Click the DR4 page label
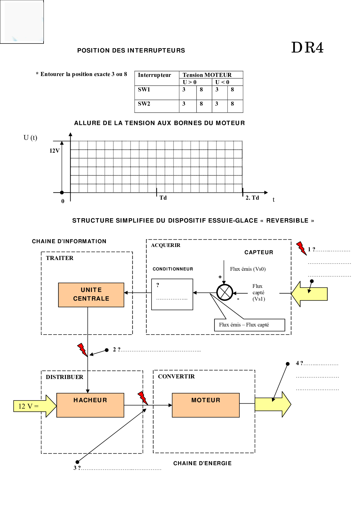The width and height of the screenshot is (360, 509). coord(307,48)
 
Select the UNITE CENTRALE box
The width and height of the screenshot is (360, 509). coord(91,295)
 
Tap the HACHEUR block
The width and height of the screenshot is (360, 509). coord(90,405)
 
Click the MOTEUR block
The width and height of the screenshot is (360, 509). coord(206,405)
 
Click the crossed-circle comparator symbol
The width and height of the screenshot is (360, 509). coord(225,293)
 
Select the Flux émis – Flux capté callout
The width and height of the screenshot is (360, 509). coord(249,325)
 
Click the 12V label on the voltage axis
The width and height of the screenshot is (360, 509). coord(54,151)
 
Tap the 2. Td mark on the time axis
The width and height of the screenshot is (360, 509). coord(252,198)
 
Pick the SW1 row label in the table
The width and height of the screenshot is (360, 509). coord(144,90)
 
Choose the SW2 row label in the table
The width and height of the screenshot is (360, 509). coord(144,104)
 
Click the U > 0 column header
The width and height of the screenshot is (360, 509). coord(190,82)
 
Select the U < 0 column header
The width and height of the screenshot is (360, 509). coord(222,82)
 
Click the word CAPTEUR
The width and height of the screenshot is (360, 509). coord(259,252)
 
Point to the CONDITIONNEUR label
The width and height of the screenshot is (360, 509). coord(173,269)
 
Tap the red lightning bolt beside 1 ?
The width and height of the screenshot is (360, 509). coord(301,248)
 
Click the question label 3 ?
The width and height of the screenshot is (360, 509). coord(77,468)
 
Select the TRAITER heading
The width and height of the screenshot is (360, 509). coord(60,258)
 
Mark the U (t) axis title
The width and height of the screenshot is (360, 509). coord(30,138)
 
